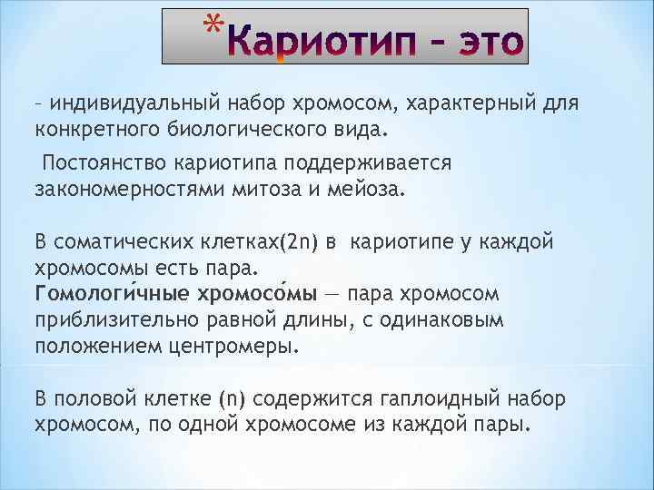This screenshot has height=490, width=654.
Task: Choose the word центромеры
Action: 244,347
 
